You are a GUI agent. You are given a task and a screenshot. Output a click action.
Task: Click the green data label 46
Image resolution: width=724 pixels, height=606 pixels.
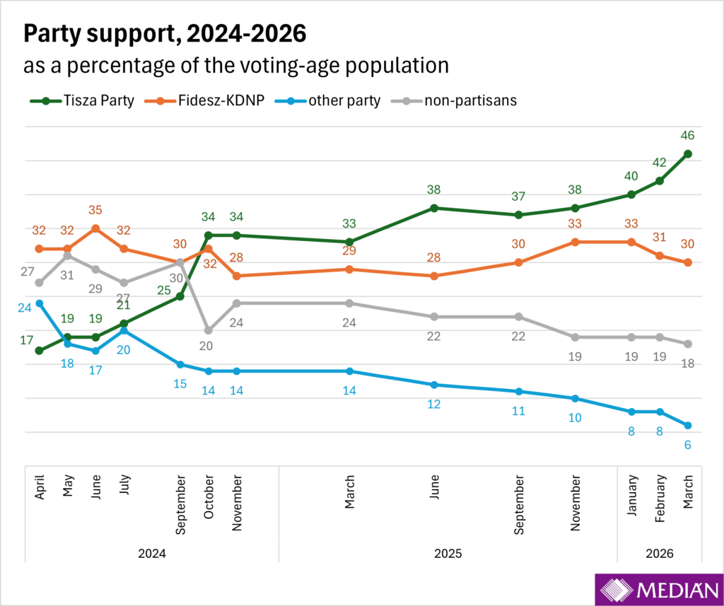point(687,135)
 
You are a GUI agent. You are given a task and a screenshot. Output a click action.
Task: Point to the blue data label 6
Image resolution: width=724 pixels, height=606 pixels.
point(687,445)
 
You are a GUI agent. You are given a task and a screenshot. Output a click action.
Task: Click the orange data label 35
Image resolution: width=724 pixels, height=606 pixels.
point(95,210)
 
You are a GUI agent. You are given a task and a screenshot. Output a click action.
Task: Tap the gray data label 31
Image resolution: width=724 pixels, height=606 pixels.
point(67,274)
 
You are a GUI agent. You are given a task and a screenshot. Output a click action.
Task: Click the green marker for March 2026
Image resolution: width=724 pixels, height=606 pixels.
point(687,153)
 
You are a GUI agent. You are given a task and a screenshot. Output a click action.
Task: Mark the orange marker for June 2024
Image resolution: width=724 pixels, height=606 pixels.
point(95,228)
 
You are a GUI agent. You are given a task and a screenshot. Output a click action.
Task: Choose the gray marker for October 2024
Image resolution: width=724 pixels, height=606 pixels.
point(208,330)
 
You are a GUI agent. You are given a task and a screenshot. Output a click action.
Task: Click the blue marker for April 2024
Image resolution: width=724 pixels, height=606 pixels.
point(40,303)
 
